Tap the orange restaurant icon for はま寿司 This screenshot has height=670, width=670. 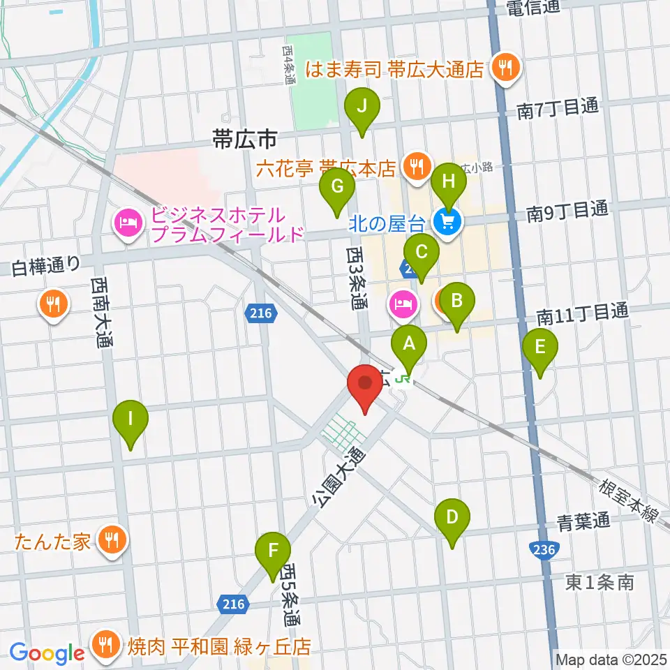[x=503, y=68]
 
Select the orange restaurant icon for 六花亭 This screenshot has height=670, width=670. [x=417, y=167]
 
